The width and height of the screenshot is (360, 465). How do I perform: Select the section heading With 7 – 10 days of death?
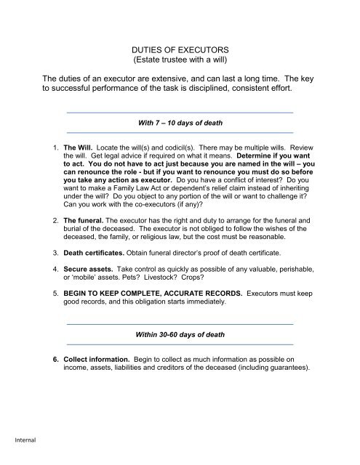tap(179, 123)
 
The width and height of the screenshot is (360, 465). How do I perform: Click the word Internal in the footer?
tap(15, 440)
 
